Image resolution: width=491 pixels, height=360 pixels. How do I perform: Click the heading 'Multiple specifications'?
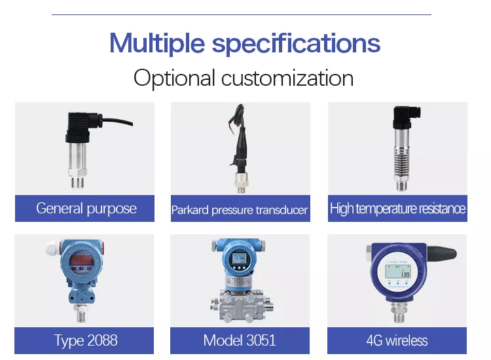[244, 43]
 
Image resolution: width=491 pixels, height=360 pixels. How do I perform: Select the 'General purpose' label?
[86, 209]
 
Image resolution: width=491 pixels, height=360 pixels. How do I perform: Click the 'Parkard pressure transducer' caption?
[240, 210]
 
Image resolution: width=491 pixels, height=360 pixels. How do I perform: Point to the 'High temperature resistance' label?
[397, 209]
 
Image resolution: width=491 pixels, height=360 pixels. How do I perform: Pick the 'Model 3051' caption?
[240, 340]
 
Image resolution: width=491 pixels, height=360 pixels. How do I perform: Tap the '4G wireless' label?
[397, 340]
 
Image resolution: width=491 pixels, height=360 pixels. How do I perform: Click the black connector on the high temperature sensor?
[401, 118]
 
